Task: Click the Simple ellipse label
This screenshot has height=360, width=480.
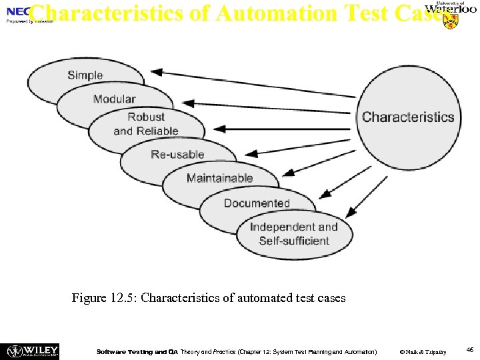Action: (x=85, y=75)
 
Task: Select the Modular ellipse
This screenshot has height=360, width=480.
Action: (x=115, y=99)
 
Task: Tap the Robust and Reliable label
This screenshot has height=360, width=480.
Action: (x=146, y=124)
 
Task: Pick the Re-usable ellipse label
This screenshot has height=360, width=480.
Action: (x=177, y=154)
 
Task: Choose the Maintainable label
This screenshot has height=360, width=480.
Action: (x=219, y=178)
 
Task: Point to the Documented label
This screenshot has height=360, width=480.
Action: (x=257, y=203)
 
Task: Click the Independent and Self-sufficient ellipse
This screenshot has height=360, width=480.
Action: (x=294, y=234)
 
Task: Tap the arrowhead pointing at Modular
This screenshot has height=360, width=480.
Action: (x=189, y=103)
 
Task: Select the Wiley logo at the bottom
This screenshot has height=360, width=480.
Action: (x=33, y=351)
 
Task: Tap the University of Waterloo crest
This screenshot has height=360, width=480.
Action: (x=451, y=21)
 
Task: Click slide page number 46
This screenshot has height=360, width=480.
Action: (x=469, y=349)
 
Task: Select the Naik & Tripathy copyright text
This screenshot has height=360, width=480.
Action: (x=422, y=351)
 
